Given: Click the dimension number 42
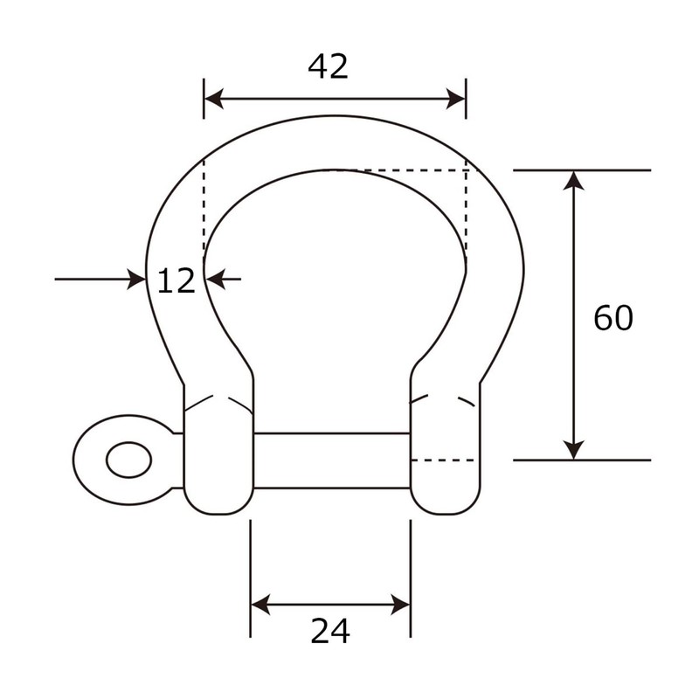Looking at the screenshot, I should coord(328,66).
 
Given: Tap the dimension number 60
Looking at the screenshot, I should coord(612,318).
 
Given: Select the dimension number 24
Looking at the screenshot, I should coord(330,630).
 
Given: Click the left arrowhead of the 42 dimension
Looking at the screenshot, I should coord(211,99).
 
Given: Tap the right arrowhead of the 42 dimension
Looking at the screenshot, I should coord(457,99).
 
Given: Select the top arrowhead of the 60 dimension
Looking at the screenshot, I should coord(572,178).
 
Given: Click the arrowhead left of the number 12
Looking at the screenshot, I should coord(137,280).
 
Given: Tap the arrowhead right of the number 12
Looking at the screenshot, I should coord(214,280).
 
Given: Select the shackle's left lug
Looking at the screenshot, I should coord(218,454).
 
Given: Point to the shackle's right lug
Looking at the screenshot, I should coord(445,454).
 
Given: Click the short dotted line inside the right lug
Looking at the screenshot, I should coord(442,460).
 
